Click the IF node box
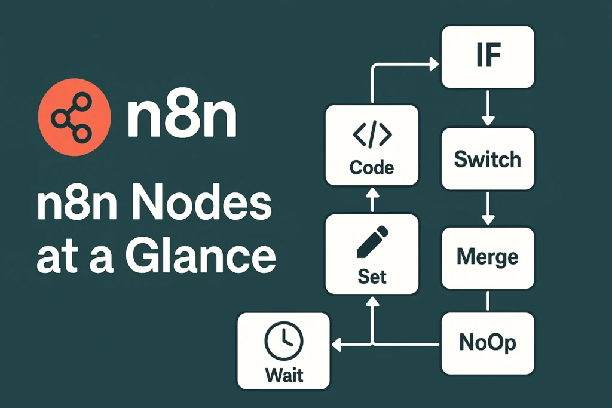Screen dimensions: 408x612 (488, 58)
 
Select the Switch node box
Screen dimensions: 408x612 (488, 159)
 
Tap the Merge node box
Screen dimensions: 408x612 (488, 257)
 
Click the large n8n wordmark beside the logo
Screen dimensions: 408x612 (182, 117)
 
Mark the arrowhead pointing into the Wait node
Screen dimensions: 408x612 (336, 344)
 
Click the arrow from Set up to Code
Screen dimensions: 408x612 (372, 201)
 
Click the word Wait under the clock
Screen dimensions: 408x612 (284, 375)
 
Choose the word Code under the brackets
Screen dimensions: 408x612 (372, 168)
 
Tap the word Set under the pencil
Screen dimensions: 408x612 (372, 277)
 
